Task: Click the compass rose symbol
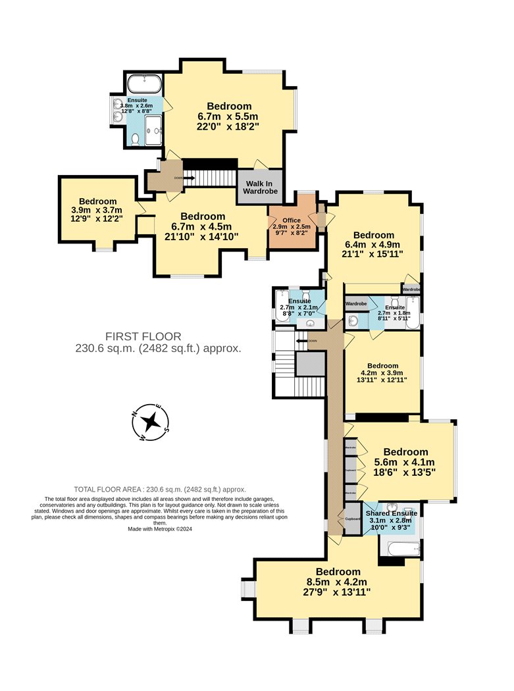(151, 421)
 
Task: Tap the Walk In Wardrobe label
(261, 187)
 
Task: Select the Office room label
(291, 220)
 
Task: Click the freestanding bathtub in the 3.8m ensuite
(143, 84)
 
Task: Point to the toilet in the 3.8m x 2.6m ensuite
(135, 139)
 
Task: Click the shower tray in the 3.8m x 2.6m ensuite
(153, 130)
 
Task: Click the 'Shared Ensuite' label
(392, 513)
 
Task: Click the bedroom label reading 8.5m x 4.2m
(338, 571)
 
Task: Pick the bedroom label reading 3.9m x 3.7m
(97, 201)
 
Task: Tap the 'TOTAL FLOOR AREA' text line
(159, 489)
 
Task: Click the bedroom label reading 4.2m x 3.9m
(382, 366)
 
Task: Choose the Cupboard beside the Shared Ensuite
(351, 519)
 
